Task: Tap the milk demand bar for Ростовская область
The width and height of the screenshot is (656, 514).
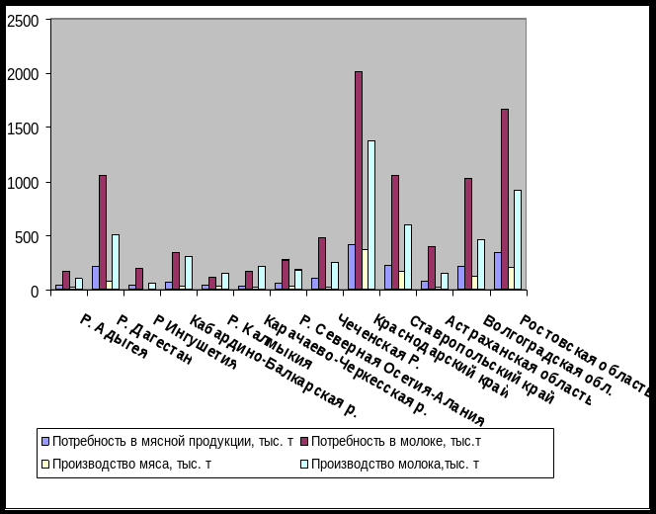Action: [505, 198]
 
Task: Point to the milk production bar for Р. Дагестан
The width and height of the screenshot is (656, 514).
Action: [116, 262]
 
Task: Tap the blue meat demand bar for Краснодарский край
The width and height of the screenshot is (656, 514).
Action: [351, 267]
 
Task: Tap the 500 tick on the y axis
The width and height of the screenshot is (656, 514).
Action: [27, 237]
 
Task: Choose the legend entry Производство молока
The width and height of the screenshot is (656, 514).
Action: [395, 464]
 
